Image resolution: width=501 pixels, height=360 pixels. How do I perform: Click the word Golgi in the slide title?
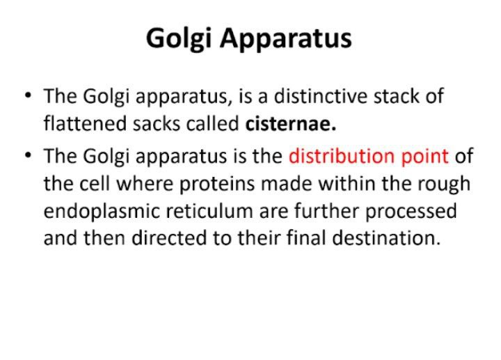click(x=179, y=39)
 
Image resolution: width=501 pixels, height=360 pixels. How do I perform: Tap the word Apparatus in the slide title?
click(x=286, y=39)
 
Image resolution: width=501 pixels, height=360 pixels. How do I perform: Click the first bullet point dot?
click(x=28, y=95)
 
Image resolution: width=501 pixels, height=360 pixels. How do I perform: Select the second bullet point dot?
click(x=28, y=155)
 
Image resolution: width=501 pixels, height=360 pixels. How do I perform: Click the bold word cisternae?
click(x=291, y=124)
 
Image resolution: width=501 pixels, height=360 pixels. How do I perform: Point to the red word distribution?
click(x=342, y=156)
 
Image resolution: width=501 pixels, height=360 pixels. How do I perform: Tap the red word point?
click(x=425, y=157)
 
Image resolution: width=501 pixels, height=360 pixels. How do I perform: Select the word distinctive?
click(x=321, y=96)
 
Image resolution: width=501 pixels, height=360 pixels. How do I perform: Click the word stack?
click(x=396, y=96)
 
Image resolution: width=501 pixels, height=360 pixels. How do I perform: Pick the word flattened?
click(x=85, y=124)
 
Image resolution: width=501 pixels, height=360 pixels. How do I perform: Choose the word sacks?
click(x=157, y=124)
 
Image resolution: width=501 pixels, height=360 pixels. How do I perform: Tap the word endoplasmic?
click(x=102, y=212)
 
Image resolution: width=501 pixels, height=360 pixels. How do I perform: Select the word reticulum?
click(x=209, y=211)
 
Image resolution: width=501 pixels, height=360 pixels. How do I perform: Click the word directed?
click(x=168, y=238)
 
